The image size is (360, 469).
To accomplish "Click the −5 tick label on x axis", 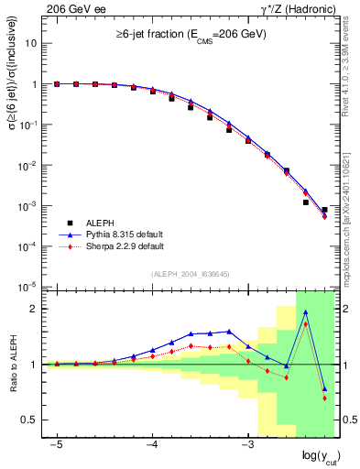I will coord(57,442).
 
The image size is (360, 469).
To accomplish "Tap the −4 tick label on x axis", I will coord(152,442).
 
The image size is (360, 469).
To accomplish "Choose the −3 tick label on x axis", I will coord(246,442).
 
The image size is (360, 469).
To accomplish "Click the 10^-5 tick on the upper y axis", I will coord(28,288).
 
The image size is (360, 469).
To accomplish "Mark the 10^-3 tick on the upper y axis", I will coord(28,206).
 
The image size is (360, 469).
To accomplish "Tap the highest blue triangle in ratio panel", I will coord(305,312).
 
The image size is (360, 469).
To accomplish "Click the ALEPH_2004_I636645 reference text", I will coord(191,274).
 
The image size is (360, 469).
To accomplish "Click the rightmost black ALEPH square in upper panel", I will coord(324,210).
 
